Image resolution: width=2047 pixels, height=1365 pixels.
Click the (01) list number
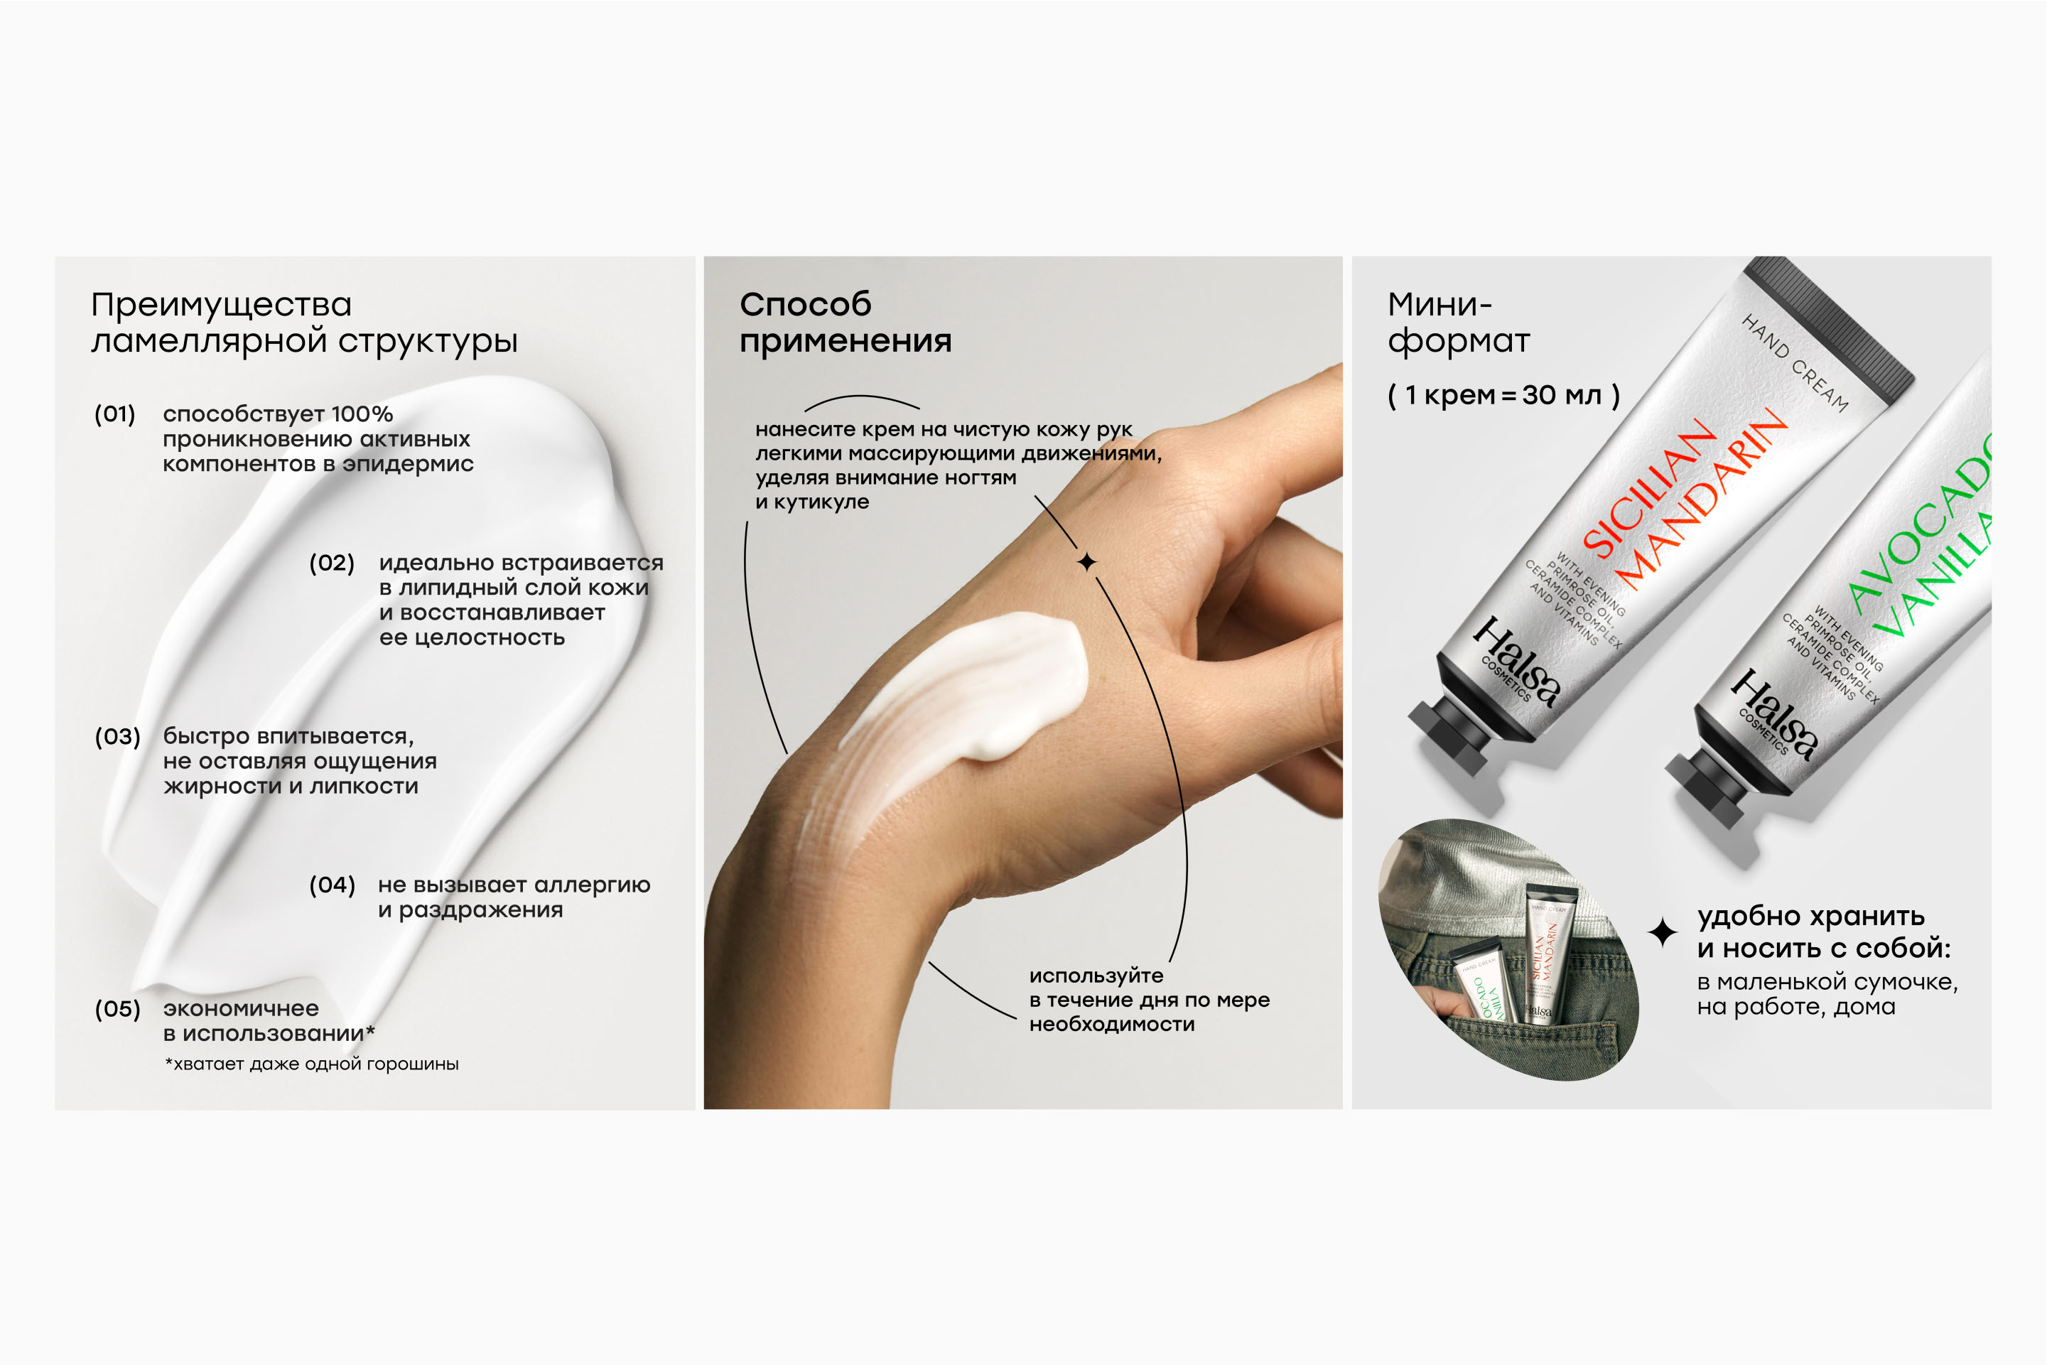(115, 414)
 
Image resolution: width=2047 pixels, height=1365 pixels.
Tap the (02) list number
(332, 563)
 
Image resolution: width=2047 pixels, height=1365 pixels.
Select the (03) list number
(117, 736)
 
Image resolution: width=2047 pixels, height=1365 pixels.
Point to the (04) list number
(333, 885)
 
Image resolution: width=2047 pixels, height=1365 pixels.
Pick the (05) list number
(117, 1009)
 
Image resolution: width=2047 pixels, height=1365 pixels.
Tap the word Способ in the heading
(805, 305)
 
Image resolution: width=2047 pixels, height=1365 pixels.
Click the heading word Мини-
(1440, 305)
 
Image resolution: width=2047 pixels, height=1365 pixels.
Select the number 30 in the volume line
(1540, 395)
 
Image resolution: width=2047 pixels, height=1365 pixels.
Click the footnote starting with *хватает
(312, 1064)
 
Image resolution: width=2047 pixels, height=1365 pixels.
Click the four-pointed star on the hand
(1086, 562)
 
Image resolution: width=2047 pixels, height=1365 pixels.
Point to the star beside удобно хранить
(1663, 932)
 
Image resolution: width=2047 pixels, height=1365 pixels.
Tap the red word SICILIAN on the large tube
(1647, 487)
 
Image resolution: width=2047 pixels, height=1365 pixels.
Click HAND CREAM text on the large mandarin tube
(1795, 363)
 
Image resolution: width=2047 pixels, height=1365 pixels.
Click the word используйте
(1096, 976)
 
